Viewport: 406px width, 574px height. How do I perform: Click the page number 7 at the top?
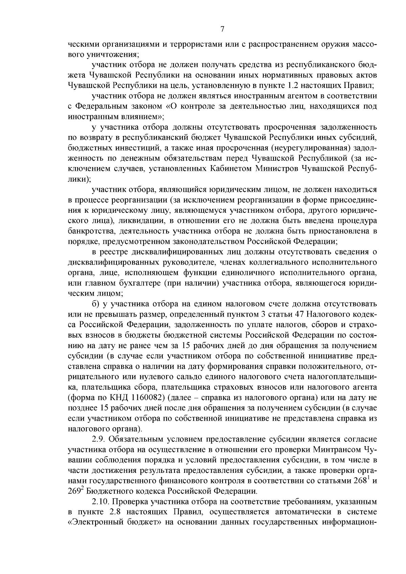pyautogui.click(x=222, y=29)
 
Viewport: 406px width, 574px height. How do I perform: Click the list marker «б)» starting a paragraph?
pyautogui.click(x=95, y=304)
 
